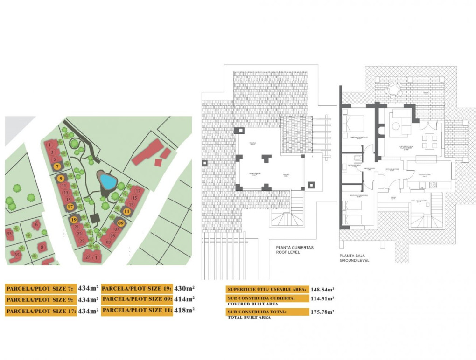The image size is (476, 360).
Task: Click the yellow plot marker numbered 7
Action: pyautogui.click(x=57, y=166)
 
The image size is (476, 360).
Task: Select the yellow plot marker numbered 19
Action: pyautogui.click(x=73, y=219)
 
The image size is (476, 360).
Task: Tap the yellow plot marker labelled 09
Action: pyautogui.click(x=121, y=223)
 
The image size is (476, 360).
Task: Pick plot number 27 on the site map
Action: pyautogui.click(x=87, y=257)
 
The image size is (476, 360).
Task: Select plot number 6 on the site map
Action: pyautogui.click(x=36, y=225)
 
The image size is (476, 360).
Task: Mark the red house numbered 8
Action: pyautogui.click(x=42, y=247)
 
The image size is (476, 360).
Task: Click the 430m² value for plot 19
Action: pyautogui.click(x=184, y=288)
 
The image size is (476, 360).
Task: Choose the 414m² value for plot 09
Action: pyautogui.click(x=184, y=299)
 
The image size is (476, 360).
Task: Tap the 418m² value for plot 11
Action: pyautogui.click(x=184, y=310)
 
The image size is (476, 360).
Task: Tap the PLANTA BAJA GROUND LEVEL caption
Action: pyautogui.click(x=354, y=258)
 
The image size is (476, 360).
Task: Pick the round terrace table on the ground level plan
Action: pyautogui.click(x=395, y=88)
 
